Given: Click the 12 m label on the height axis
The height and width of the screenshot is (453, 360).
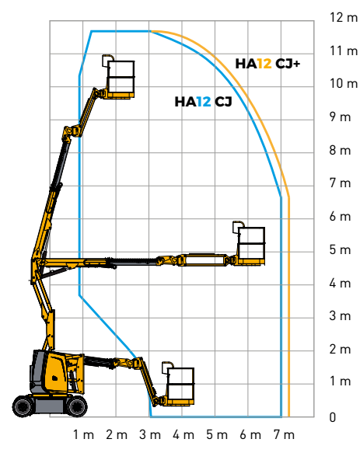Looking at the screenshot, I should point(339,17).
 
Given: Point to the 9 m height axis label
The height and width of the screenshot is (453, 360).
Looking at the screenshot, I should point(339,117).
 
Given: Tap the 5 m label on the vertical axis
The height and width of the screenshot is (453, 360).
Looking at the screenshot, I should point(339,249).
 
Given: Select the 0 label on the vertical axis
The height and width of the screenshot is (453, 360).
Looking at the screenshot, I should point(333,417).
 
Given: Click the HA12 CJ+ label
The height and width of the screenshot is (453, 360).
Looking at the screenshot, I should point(267,64).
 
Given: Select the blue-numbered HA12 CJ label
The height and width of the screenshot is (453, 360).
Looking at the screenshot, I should point(203,101).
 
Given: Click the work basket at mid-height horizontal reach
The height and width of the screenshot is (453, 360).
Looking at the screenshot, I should point(250,245).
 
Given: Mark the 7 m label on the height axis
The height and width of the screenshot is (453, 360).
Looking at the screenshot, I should point(339,183).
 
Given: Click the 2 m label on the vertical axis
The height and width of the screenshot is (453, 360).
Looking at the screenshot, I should point(339,349).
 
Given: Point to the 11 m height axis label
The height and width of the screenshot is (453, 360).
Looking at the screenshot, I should point(339,51).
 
